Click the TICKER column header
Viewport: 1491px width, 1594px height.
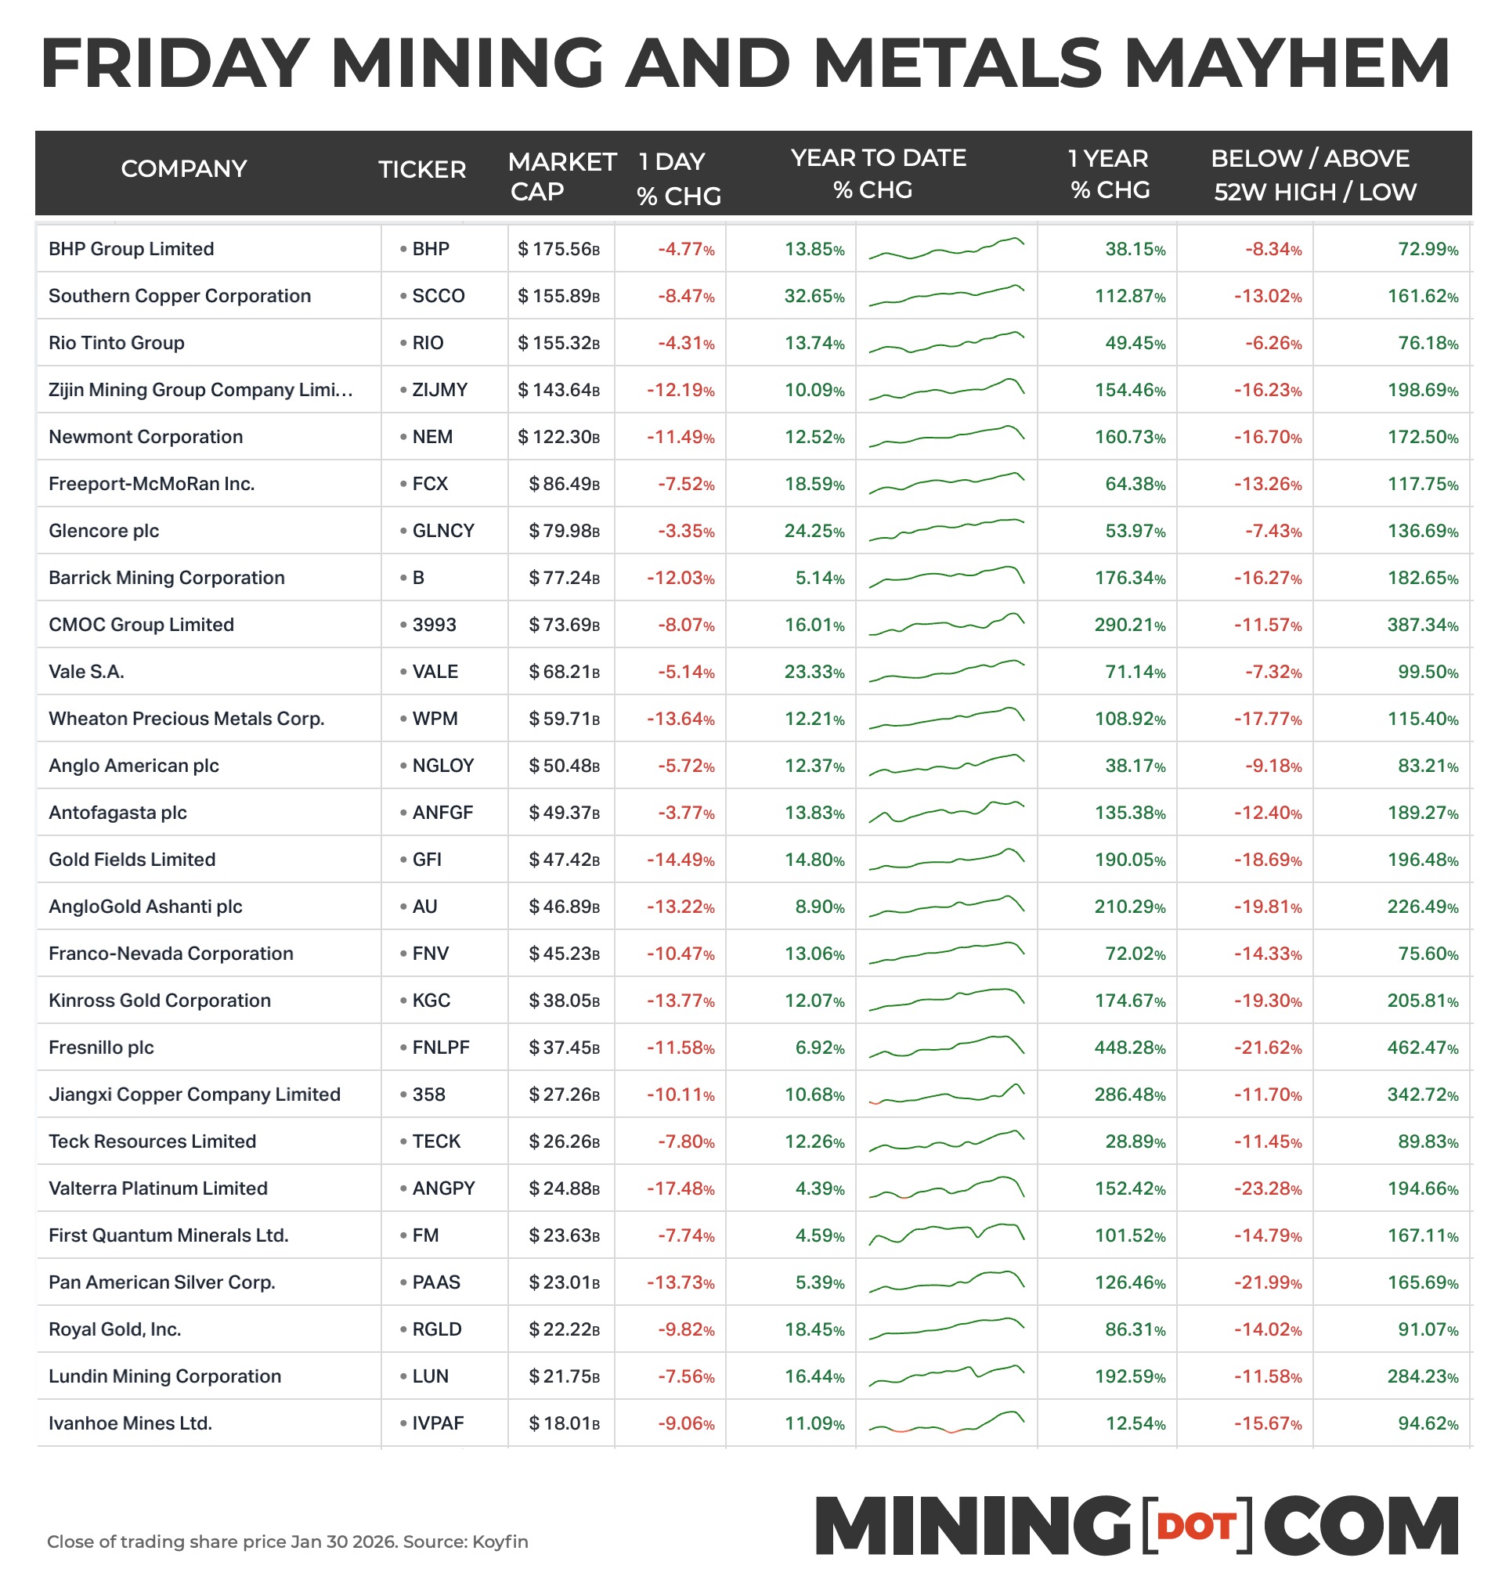point(422,169)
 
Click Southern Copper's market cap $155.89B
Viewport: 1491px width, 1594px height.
point(558,296)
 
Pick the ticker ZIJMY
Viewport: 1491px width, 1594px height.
point(439,390)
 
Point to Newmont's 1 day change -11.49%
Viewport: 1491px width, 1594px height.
point(681,437)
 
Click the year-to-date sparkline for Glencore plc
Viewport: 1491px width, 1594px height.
point(947,530)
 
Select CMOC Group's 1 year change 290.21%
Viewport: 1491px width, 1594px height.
point(1129,625)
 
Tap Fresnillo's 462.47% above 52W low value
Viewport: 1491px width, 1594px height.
point(1422,1048)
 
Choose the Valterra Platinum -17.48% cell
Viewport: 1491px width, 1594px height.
point(681,1188)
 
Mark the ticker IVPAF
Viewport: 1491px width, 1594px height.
point(438,1423)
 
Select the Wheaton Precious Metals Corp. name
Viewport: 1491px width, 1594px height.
point(186,719)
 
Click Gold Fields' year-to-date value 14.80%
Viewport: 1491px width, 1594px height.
point(814,860)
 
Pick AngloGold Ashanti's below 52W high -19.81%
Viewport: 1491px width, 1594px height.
point(1267,907)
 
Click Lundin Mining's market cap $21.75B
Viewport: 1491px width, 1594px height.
point(564,1376)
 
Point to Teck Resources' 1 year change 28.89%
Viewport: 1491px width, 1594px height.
point(1135,1141)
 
